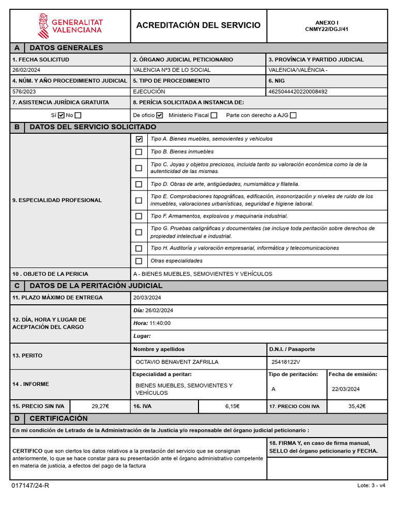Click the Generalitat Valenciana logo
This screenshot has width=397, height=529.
click(70, 25)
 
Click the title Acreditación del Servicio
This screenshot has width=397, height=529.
click(198, 25)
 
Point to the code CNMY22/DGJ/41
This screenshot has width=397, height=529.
click(327, 29)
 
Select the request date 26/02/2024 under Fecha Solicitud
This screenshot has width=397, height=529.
click(26, 70)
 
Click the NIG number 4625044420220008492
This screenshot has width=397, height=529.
click(298, 91)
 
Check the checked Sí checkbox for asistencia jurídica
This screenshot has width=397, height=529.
click(61, 115)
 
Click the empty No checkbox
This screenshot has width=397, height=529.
click(78, 115)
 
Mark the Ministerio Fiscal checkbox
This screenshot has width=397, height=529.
click(214, 115)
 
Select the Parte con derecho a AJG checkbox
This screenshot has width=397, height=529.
click(293, 115)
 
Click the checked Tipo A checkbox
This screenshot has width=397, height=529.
click(139, 139)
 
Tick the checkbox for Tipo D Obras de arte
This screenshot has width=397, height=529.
click(139, 184)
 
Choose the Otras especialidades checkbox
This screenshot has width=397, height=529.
click(139, 261)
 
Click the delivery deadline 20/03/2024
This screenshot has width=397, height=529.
click(147, 298)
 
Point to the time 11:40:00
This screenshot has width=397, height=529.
click(160, 323)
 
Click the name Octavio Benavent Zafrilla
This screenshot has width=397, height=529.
click(177, 362)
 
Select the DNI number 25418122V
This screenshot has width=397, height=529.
click(285, 362)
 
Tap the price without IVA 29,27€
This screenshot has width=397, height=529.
click(100, 406)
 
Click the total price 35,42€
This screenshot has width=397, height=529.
click(357, 406)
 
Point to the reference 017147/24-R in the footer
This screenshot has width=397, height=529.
click(30, 486)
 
